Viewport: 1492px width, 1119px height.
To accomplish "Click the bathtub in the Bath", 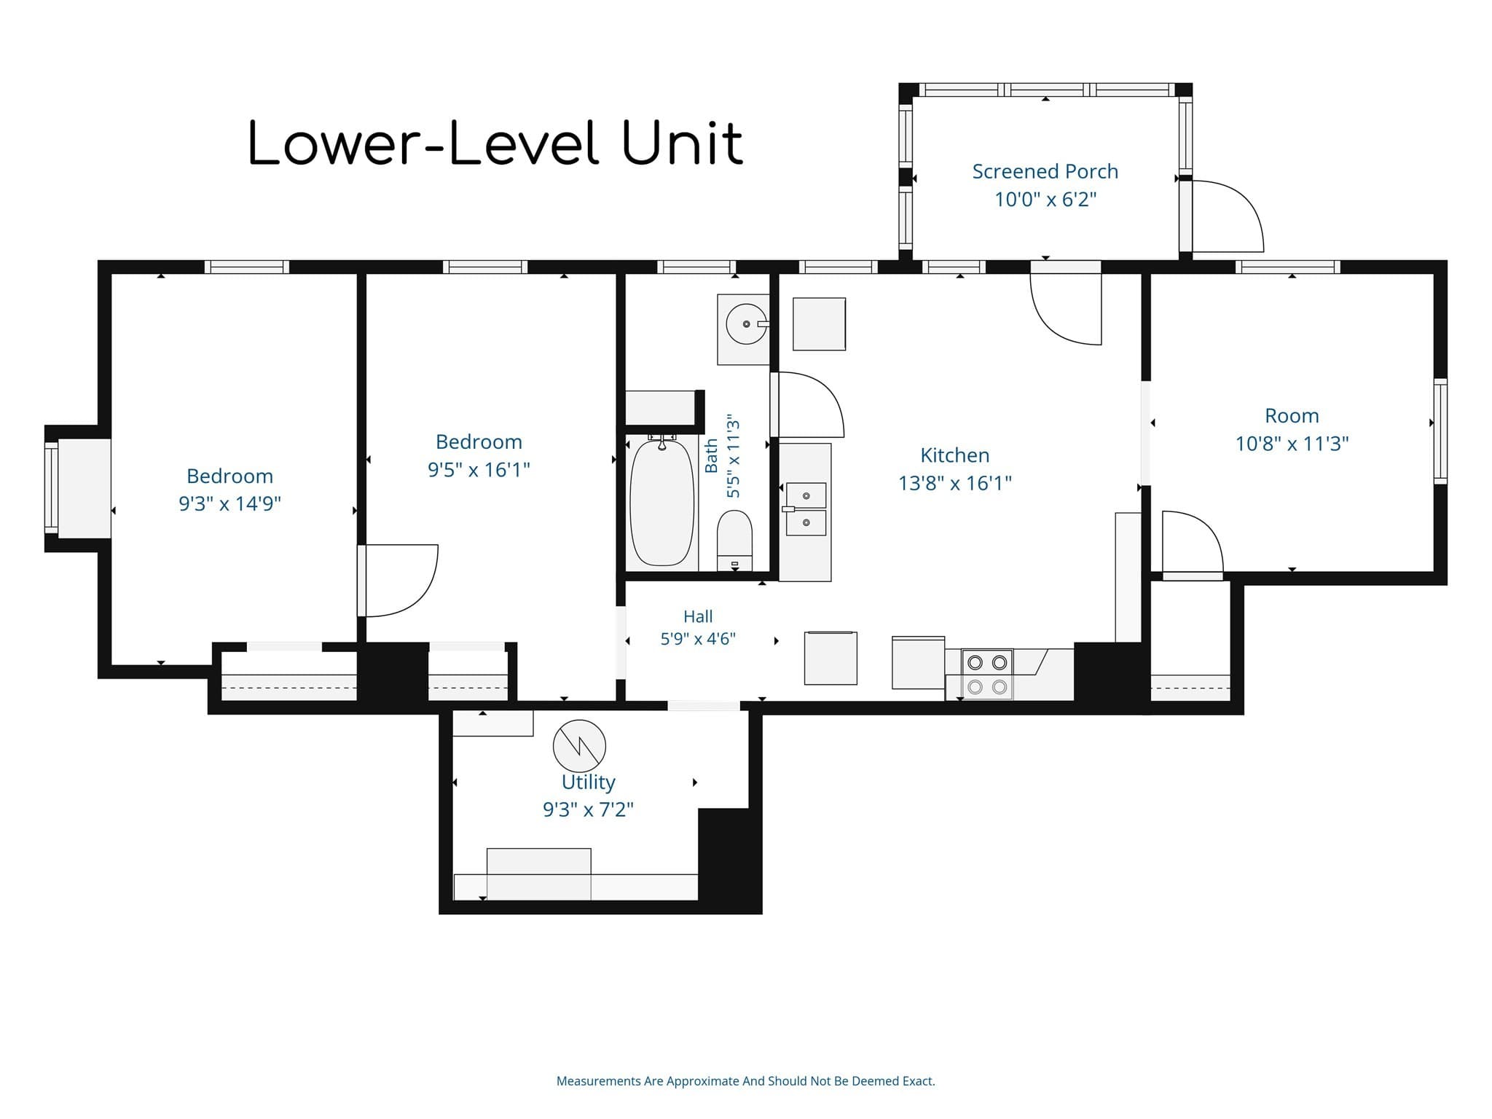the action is [x=661, y=502].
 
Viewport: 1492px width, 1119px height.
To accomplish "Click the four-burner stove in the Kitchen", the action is [x=987, y=675].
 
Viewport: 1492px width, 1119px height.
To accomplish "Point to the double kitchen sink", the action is [x=806, y=509].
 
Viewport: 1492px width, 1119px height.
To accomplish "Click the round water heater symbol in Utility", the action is [x=579, y=746].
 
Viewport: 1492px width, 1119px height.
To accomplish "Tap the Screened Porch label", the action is [x=1045, y=171].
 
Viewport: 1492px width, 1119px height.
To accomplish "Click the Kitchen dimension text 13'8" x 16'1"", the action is [x=955, y=483].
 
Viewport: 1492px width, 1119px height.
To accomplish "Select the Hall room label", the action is [x=698, y=616].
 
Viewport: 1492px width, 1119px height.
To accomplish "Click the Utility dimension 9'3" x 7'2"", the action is [x=589, y=809].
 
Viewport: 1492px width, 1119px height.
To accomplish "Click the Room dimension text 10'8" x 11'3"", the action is [x=1292, y=444].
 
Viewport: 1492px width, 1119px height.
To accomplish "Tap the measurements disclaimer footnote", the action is [x=746, y=1081].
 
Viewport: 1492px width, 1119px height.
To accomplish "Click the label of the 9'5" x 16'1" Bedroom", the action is [x=479, y=441].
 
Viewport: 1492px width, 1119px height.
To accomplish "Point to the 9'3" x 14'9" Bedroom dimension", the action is [x=229, y=503].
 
